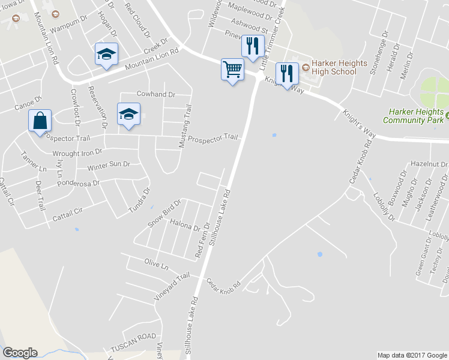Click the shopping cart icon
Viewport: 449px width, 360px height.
[232, 69]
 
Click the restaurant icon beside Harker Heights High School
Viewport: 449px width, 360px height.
[287, 74]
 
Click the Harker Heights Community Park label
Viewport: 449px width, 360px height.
[416, 116]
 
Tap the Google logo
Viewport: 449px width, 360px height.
[20, 353]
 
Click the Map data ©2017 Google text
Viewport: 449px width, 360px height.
[412, 355]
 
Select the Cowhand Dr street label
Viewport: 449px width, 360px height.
[155, 94]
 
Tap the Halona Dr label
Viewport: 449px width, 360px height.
[185, 227]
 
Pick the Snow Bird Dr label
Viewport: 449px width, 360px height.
[164, 214]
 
